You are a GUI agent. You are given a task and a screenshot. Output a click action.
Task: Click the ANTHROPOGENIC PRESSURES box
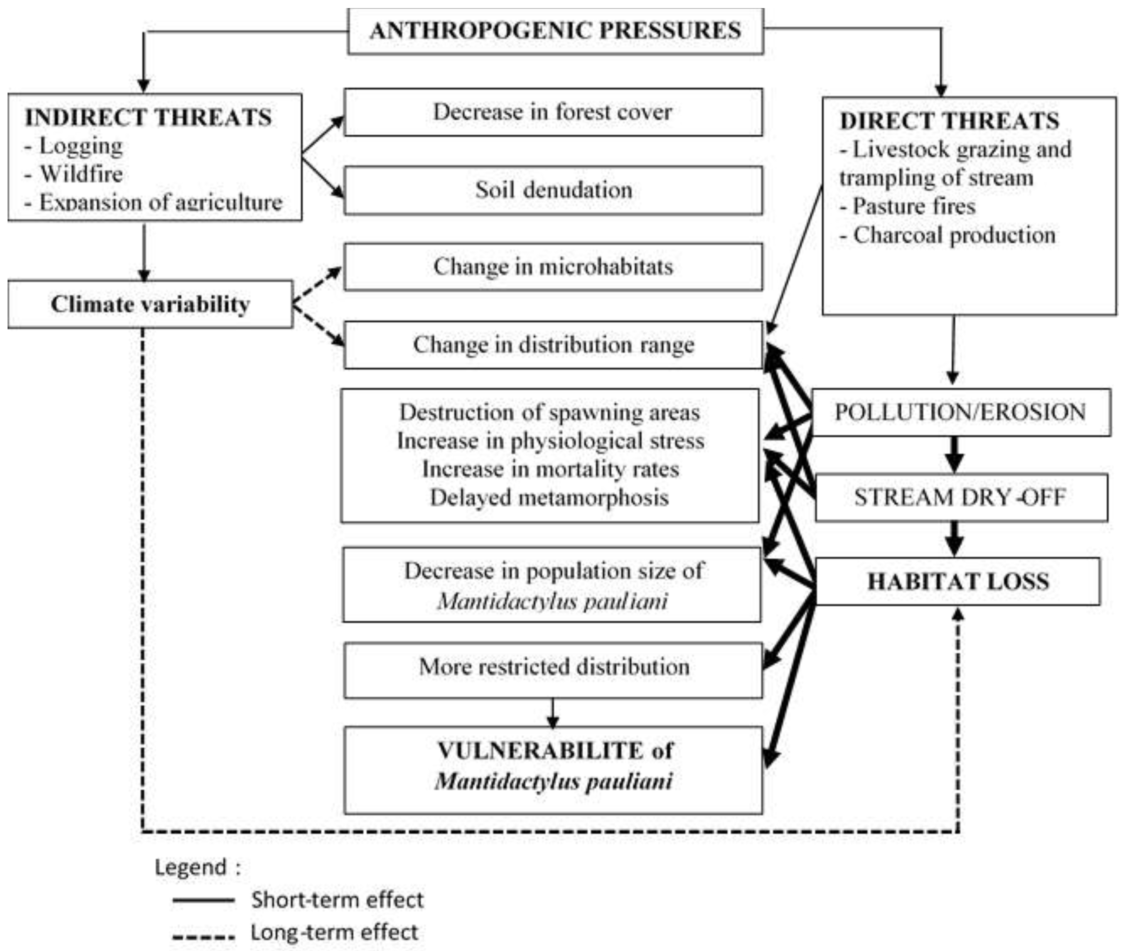[x=555, y=31]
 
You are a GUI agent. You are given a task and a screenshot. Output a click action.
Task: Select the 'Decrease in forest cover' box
[x=553, y=112]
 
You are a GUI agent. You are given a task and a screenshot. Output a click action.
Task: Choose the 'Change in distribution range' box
[x=553, y=345]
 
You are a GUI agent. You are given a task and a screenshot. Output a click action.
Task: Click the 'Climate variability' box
[x=151, y=304]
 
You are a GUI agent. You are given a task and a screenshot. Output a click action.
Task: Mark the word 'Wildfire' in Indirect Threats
[x=81, y=174]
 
